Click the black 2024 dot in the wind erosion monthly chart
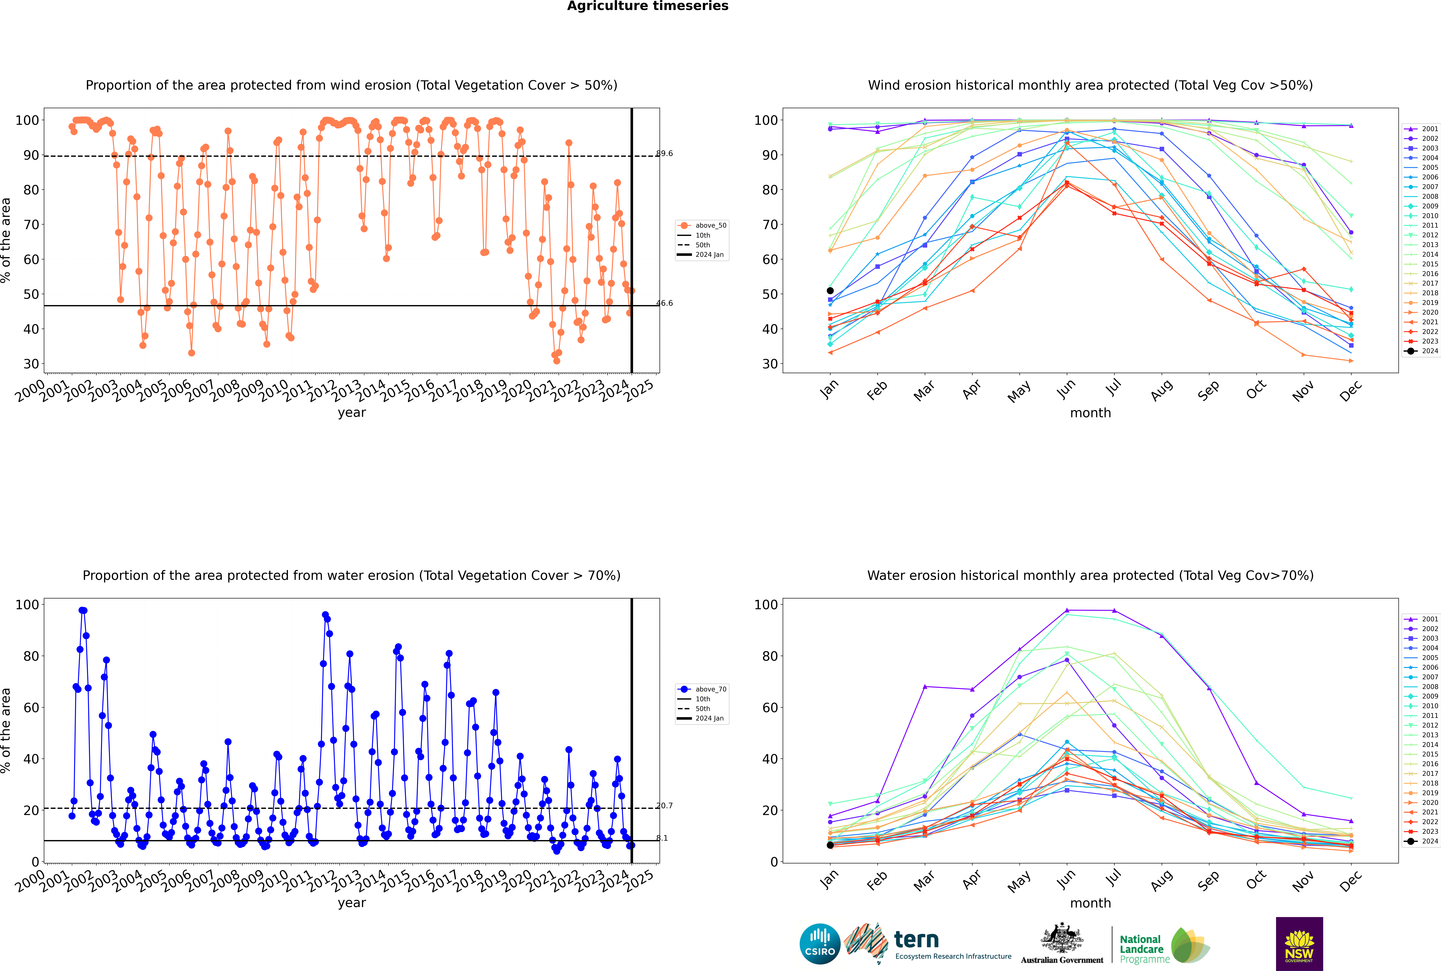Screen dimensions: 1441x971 click(830, 290)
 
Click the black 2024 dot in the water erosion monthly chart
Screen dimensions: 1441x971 click(830, 845)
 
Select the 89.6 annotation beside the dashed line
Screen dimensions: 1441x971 click(665, 153)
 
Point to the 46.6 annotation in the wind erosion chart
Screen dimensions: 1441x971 click(665, 303)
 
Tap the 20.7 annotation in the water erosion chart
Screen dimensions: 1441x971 click(665, 806)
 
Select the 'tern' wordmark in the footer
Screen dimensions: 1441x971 click(916, 940)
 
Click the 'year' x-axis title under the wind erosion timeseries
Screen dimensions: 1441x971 click(352, 412)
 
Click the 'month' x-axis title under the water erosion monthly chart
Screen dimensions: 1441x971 click(1090, 903)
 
